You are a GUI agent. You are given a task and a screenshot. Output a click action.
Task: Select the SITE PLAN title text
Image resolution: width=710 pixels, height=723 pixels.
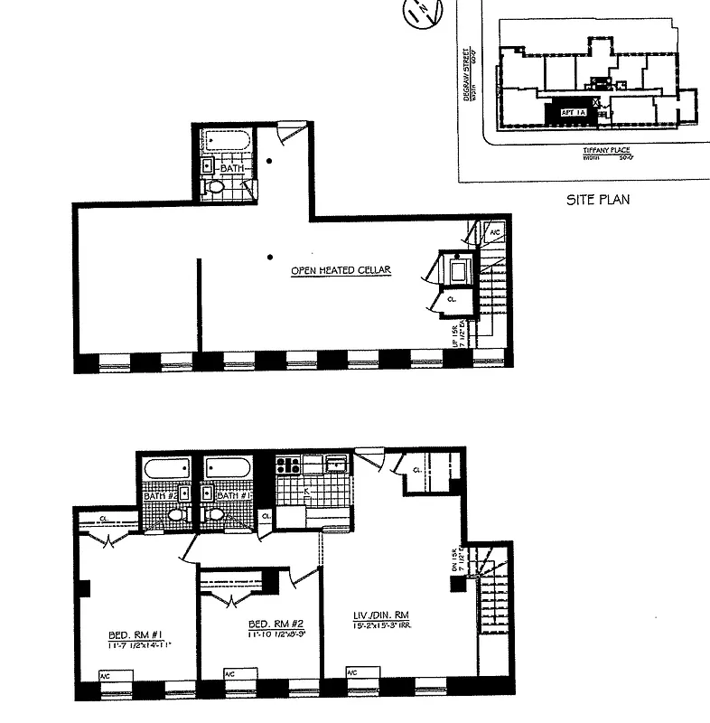pos(596,199)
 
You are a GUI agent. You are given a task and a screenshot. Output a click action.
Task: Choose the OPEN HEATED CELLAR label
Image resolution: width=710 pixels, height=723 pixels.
pos(341,271)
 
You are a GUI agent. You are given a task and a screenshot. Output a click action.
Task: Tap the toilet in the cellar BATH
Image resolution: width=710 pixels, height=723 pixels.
pos(215,187)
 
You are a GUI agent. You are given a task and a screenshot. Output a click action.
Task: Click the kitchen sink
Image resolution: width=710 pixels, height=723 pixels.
pos(337,464)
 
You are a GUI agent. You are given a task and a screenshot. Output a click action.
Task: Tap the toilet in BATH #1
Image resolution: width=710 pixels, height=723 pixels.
pos(214,516)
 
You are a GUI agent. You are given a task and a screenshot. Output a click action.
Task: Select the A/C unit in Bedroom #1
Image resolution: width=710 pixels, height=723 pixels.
pos(105,674)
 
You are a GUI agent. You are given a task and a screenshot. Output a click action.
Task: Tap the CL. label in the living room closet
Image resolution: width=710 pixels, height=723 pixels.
pos(416,471)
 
